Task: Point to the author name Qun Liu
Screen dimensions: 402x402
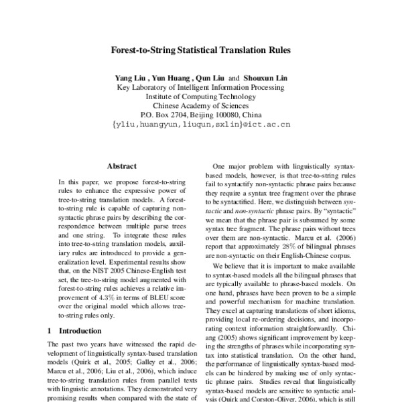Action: pyautogui.click(x=209, y=78)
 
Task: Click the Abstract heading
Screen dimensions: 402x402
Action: pyautogui.click(x=121, y=165)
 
